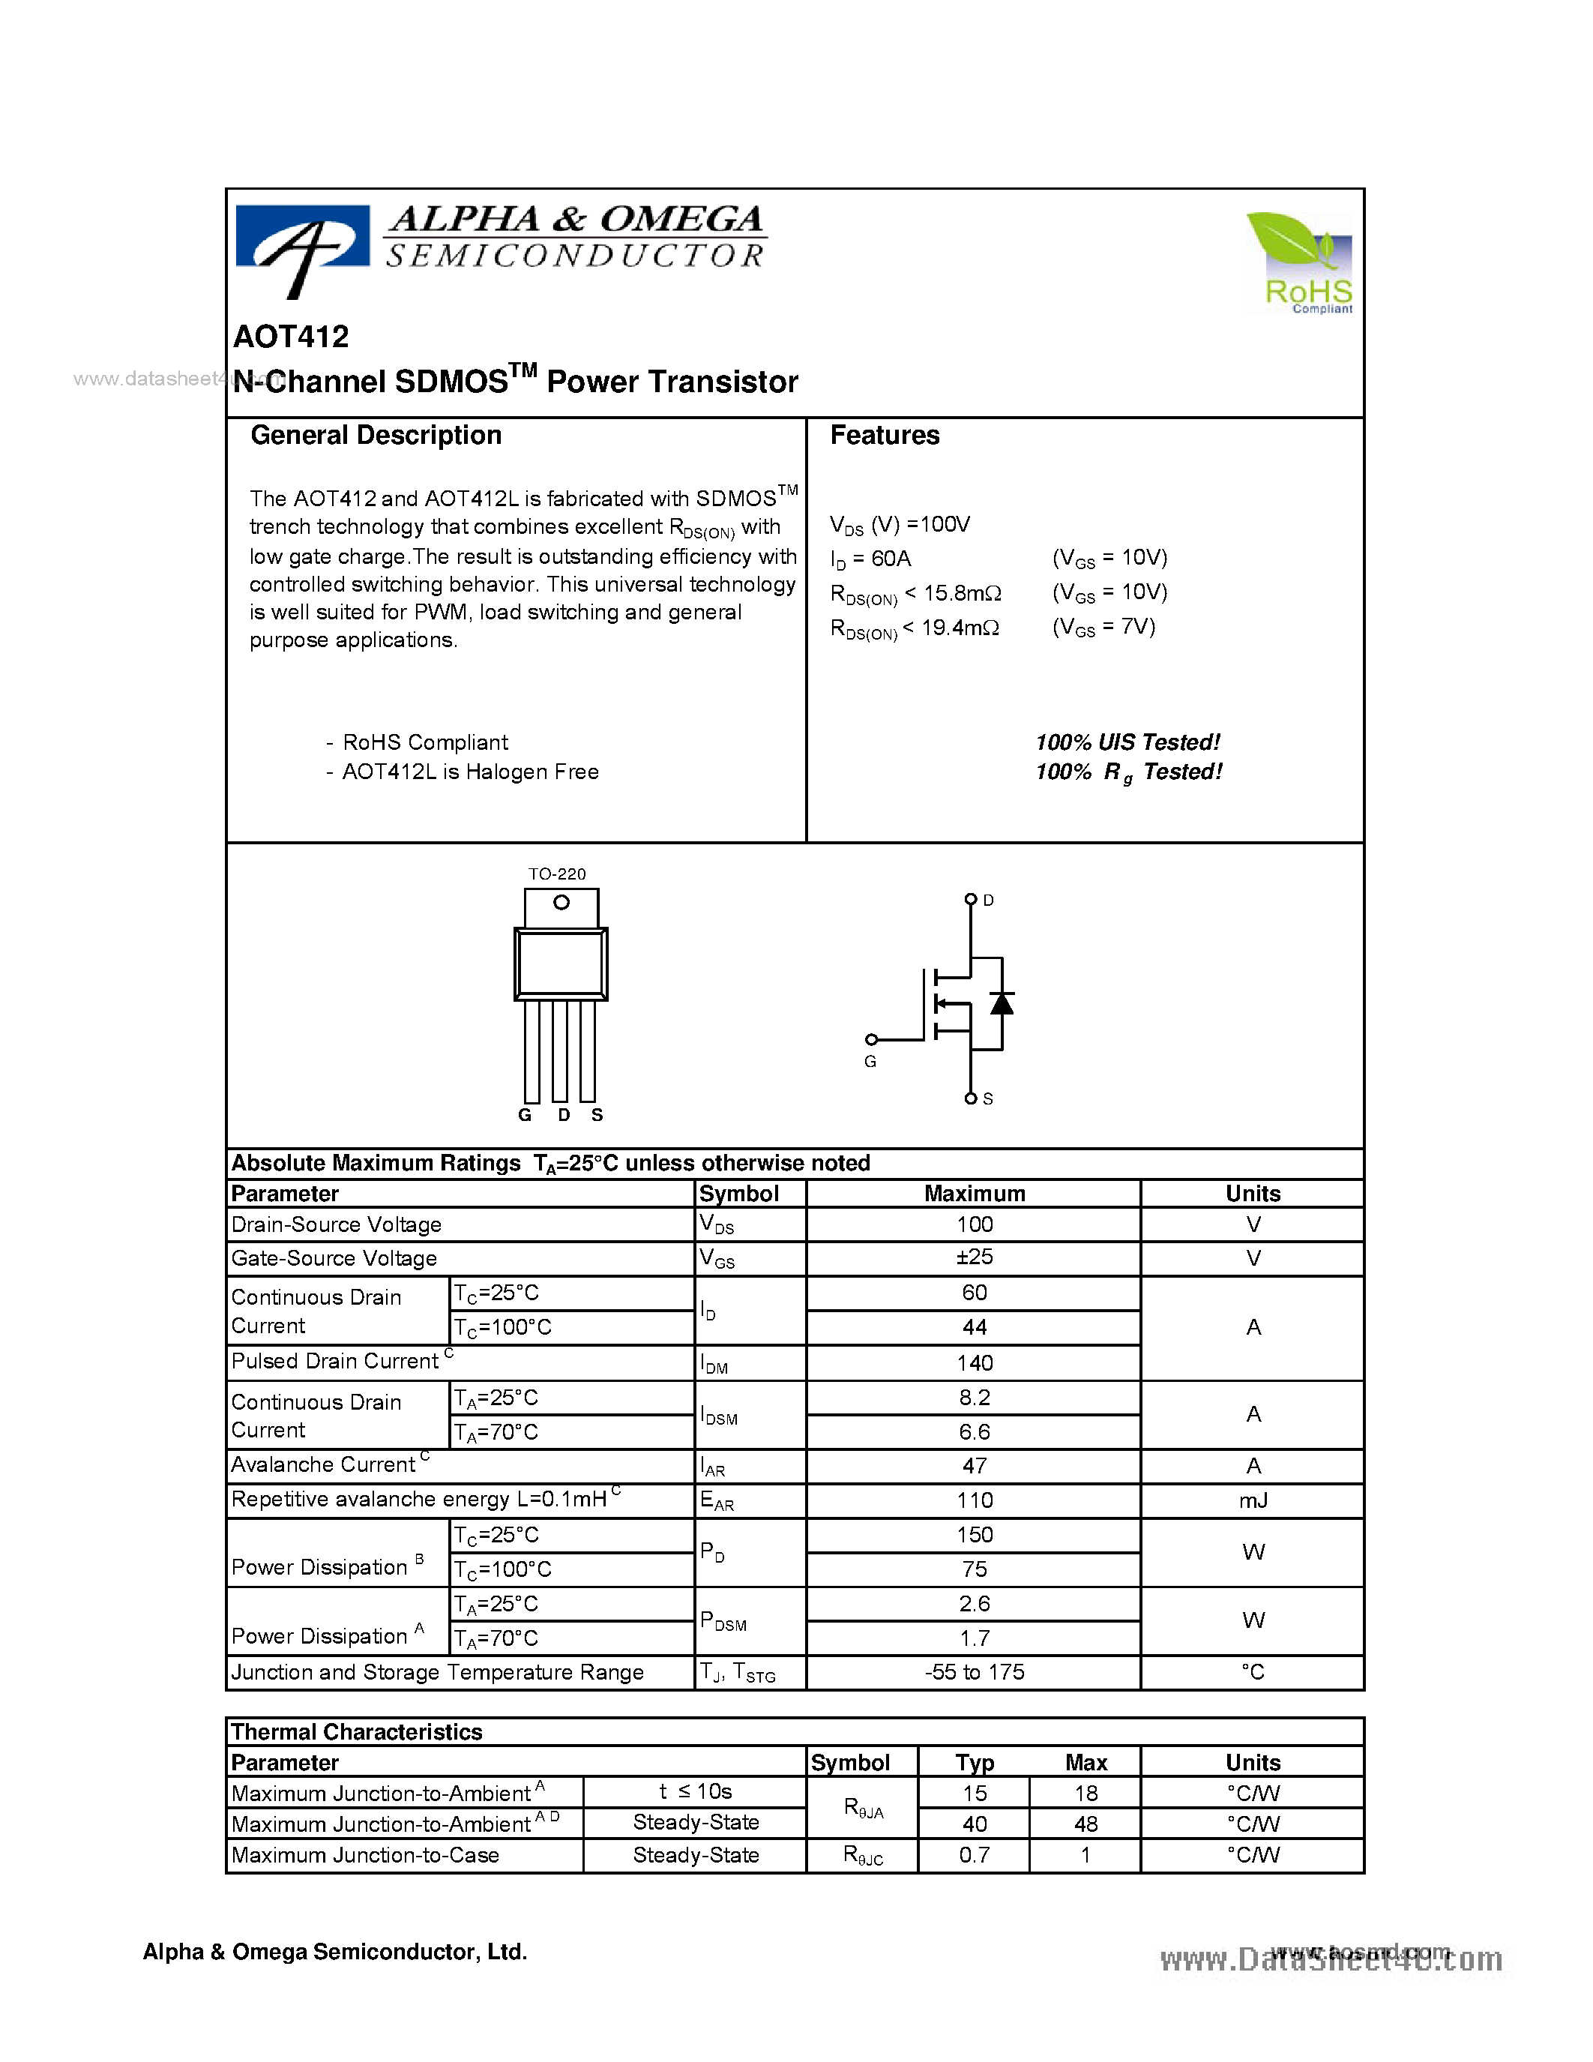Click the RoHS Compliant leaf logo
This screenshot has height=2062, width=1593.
point(1301,262)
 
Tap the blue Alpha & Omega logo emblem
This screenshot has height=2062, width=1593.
point(302,247)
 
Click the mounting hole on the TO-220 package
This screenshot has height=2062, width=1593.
point(561,903)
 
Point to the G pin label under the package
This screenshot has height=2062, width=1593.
point(525,1115)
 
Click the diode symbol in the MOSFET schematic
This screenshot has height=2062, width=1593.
point(1002,1003)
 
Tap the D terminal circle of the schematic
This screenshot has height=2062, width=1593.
point(970,899)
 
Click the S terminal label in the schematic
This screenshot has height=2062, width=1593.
point(988,1099)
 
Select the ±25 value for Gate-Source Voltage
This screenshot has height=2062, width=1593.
point(974,1257)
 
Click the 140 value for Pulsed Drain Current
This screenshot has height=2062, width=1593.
point(974,1362)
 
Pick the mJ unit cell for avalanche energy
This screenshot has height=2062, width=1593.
point(1253,1500)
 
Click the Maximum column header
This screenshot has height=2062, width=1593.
point(974,1194)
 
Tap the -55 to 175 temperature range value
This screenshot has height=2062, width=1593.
point(974,1672)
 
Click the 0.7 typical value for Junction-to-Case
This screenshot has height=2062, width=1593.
point(974,1855)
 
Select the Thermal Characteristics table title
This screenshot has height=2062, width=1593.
point(357,1731)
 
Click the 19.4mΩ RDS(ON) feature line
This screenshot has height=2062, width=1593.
point(915,628)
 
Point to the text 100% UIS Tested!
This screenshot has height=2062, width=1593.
point(1127,742)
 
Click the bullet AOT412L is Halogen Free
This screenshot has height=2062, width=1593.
point(469,772)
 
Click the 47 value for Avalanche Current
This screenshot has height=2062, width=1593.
point(974,1466)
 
